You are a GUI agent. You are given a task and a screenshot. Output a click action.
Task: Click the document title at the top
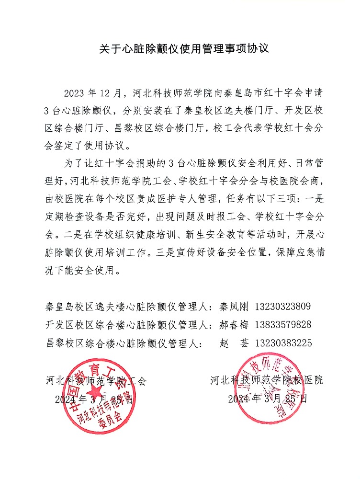point(180,49)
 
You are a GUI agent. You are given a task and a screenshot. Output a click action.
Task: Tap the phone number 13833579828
point(284,325)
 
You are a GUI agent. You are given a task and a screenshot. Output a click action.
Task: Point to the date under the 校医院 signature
point(267,399)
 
